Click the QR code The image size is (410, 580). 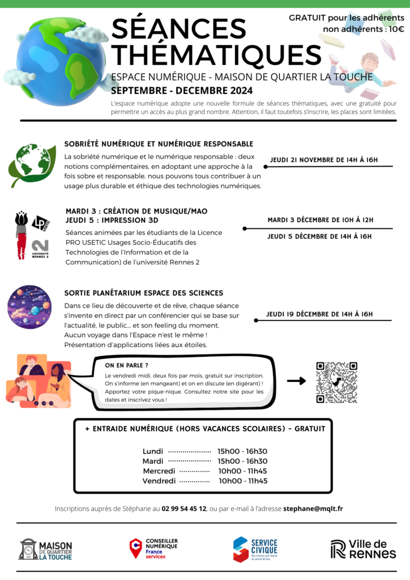(336, 382)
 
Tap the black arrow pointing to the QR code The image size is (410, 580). (296, 381)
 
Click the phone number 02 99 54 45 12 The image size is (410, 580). (184, 509)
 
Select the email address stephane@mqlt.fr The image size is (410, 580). (313, 509)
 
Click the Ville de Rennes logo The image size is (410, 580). (363, 549)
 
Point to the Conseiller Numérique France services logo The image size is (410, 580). (153, 549)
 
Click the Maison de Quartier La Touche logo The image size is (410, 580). (46, 549)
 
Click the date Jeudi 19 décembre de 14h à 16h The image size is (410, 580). (319, 314)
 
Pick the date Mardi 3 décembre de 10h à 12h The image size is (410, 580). (321, 220)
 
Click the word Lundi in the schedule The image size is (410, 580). (153, 451)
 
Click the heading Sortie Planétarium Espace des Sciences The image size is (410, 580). (144, 293)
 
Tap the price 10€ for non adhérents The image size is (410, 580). (396, 29)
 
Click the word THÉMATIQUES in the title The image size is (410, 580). (216, 55)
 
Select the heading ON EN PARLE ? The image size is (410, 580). (126, 365)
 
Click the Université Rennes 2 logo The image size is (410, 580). (41, 248)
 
